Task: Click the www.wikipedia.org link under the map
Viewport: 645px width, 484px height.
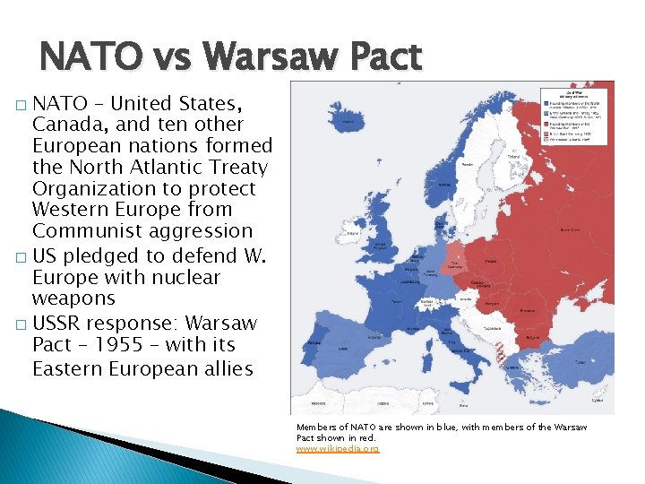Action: point(338,448)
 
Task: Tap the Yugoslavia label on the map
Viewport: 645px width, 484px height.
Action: point(485,329)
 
